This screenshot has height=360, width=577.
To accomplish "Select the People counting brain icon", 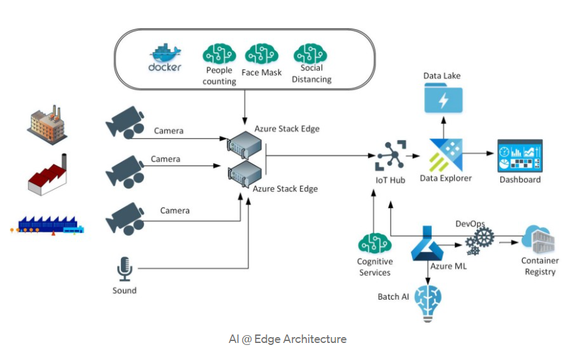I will pos(219,54).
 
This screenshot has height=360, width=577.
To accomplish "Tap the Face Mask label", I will pos(261,73).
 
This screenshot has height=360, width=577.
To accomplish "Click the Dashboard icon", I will pos(520,156).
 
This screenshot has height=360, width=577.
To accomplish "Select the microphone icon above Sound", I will pos(124,268).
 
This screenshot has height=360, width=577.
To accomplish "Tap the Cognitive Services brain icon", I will pos(374,245).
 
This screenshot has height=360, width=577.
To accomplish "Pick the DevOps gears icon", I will pos(480,242).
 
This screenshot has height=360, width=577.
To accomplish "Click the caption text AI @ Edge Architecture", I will pos(288,339).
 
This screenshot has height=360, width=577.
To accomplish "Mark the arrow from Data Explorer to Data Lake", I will pos(443,128).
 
